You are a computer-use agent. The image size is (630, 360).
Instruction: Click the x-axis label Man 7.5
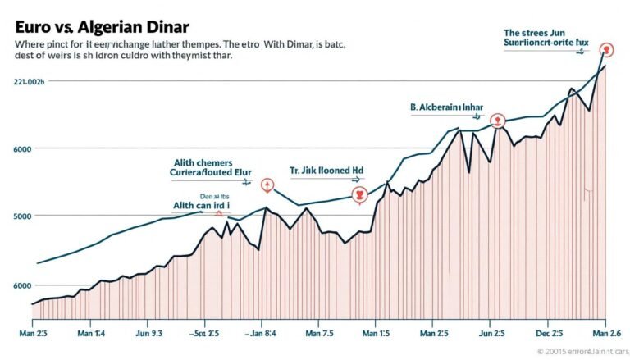pos(319,335)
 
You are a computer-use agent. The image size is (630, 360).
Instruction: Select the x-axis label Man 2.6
pos(605,335)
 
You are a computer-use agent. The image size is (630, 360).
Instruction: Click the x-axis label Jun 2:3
pos(491,335)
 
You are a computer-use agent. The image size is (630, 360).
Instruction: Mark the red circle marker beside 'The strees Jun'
pos(607,49)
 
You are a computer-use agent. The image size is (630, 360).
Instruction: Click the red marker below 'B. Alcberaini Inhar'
pos(496,121)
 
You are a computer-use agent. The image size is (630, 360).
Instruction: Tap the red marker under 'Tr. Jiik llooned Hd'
pos(358,194)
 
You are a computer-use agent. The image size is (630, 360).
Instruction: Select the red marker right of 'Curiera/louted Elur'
pos(266,185)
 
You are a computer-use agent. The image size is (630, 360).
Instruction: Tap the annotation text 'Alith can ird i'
pos(201,207)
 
